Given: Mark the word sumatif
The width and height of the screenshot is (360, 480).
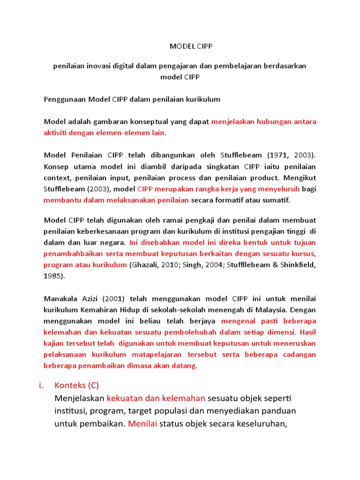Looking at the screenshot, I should click(277, 200).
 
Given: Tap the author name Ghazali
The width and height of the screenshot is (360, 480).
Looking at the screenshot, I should click(144, 265).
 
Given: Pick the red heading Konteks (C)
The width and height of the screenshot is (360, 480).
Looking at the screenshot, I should click(77, 386).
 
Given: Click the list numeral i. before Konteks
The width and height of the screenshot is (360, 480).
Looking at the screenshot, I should click(41, 386).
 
